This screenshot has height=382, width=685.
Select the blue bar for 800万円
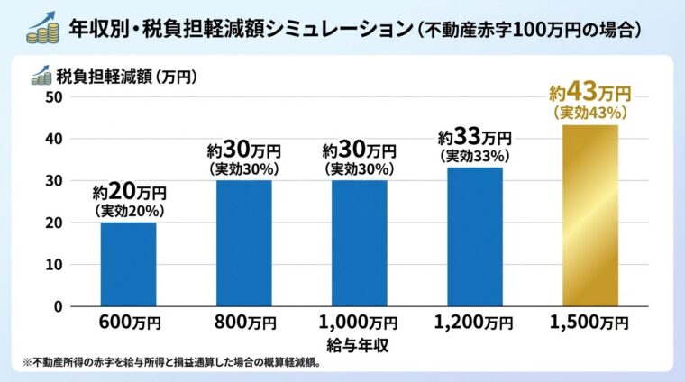click(243, 243)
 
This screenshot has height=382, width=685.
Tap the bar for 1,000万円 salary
click(359, 243)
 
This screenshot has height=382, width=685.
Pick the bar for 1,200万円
click(475, 236)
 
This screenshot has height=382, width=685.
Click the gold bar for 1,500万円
click(590, 216)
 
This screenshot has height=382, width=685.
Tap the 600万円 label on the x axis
click(128, 323)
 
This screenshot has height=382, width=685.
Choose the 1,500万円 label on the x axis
click(590, 323)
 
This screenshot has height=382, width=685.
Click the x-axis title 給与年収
click(359, 343)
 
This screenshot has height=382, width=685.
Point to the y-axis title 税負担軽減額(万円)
click(126, 77)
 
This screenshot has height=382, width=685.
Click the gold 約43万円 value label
click(590, 93)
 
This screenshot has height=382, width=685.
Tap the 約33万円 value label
click(475, 139)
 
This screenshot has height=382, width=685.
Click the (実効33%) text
click(475, 156)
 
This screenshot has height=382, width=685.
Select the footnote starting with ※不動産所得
click(171, 362)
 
